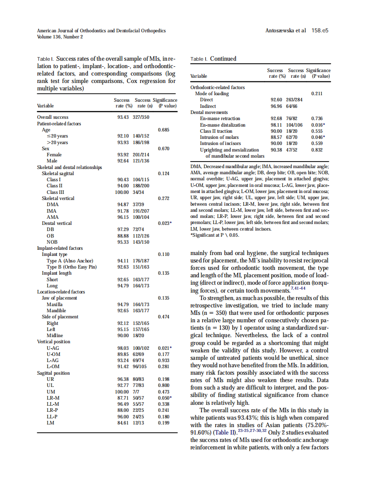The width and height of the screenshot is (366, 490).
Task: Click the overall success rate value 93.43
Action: click(125, 117)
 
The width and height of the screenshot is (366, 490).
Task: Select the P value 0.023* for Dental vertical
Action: click(165, 223)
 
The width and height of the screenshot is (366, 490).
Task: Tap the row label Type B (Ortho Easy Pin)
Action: click(72, 267)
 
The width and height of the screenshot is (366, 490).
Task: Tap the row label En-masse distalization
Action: click(223, 125)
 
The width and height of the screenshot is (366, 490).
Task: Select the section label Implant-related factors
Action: click(60, 248)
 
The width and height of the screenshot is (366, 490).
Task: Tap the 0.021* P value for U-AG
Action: click(165, 348)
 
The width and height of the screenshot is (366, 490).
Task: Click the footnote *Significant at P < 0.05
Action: click(215, 235)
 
